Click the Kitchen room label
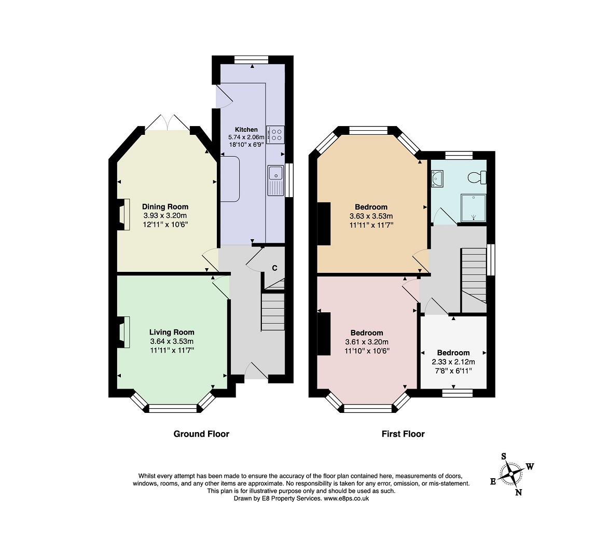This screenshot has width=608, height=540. (246, 130)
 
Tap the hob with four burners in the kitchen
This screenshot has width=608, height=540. (275, 134)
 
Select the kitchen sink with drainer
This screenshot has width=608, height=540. (275, 180)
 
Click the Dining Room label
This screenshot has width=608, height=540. (165, 206)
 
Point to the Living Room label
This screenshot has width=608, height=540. (172, 332)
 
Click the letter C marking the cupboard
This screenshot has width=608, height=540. (274, 268)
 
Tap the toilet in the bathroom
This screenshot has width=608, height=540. (477, 177)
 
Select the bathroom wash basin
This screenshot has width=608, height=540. (437, 179)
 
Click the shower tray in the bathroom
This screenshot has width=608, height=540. (474, 207)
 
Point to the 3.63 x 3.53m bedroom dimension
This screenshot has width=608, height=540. (371, 216)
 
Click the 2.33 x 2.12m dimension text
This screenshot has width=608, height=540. (453, 362)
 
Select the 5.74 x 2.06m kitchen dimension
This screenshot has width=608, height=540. (246, 137)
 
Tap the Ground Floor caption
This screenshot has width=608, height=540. (201, 434)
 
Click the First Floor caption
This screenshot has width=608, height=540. (403, 434)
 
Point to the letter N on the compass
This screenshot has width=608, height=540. (518, 492)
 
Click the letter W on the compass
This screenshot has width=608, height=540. (530, 466)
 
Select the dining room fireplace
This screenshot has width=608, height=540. (124, 215)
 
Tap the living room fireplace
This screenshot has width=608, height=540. (124, 332)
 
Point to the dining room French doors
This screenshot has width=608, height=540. (168, 123)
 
